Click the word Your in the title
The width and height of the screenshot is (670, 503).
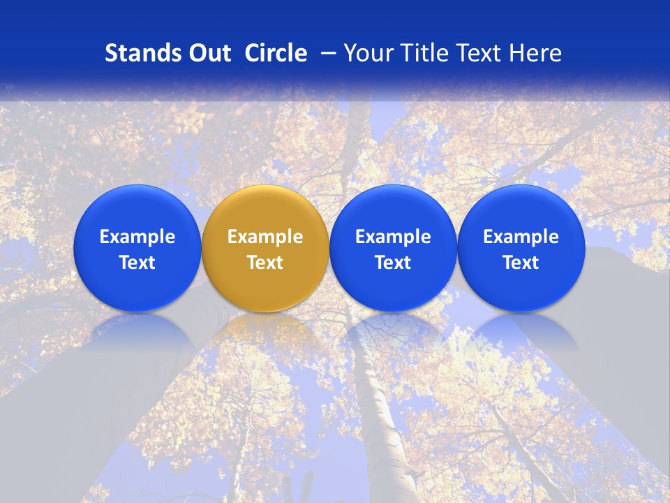click(x=367, y=53)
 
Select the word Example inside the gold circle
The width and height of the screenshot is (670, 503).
click(x=265, y=237)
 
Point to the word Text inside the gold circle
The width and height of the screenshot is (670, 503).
click(x=265, y=263)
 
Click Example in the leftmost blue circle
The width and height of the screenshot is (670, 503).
click(x=137, y=237)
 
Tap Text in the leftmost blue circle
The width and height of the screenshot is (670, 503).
click(x=137, y=263)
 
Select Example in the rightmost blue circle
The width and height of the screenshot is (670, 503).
click(x=521, y=237)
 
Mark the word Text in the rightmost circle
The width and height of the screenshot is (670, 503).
click(x=521, y=263)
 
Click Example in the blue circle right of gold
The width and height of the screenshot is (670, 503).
click(x=394, y=237)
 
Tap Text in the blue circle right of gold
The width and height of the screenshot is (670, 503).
click(x=394, y=263)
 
